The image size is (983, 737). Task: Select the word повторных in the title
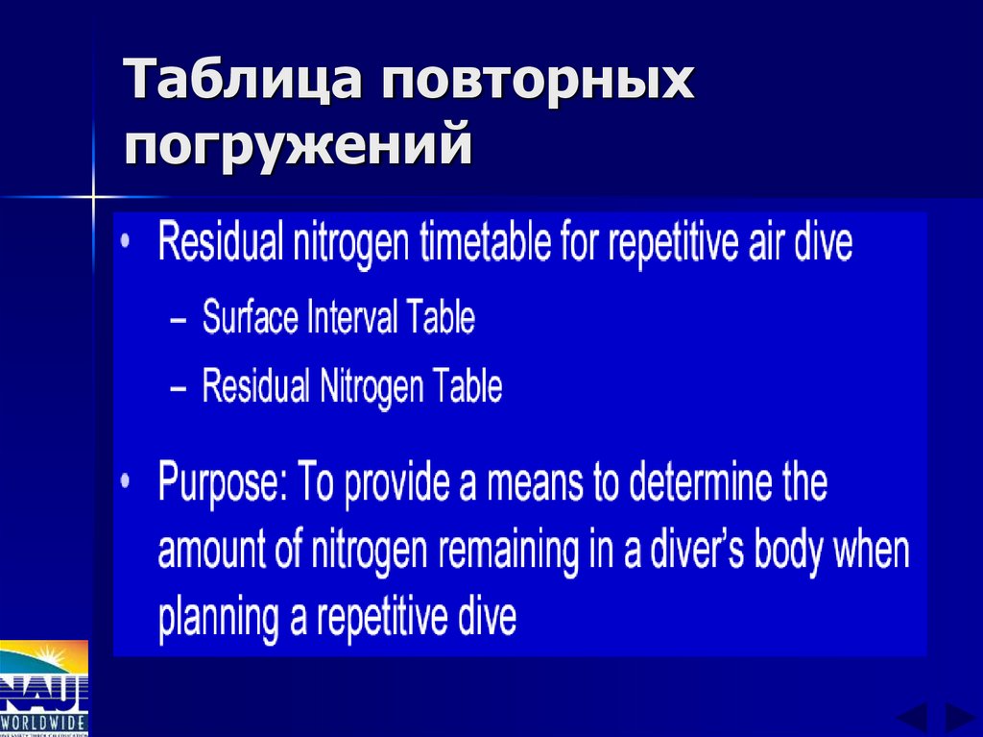tap(537, 82)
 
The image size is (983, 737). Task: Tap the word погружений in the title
tap(298, 145)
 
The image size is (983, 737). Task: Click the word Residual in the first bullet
tap(216, 243)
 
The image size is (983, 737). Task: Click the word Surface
tap(250, 318)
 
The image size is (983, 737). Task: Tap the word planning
tap(219, 618)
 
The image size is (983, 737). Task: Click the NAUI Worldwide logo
tap(43, 687)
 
